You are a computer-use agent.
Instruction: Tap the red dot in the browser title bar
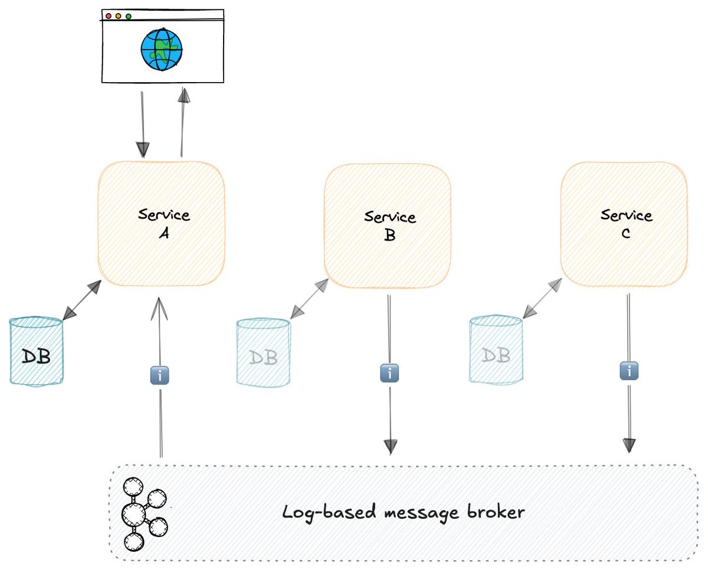click(x=109, y=16)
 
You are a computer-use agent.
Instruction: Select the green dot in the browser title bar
click(x=129, y=16)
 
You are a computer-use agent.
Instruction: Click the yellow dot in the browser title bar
click(x=119, y=16)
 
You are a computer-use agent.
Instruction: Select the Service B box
click(x=388, y=225)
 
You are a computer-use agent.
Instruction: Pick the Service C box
click(x=624, y=224)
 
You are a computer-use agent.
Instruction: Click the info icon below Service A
click(x=160, y=376)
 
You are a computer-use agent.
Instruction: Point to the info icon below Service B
click(x=389, y=373)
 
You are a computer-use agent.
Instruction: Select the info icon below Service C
click(x=629, y=372)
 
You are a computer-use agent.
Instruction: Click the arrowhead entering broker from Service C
click(x=630, y=445)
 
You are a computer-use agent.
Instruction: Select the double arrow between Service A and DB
click(x=82, y=301)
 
